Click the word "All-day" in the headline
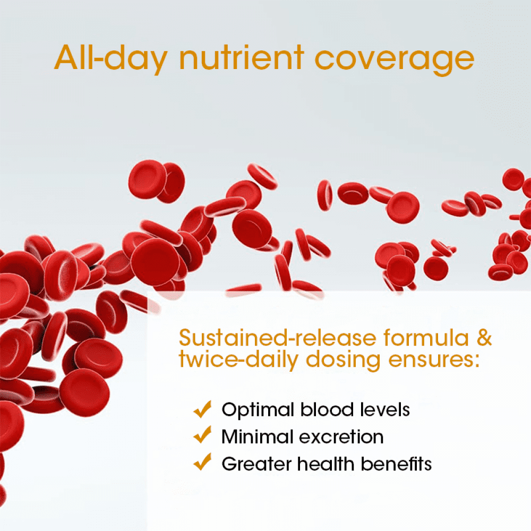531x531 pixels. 111,58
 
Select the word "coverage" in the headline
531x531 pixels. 395,61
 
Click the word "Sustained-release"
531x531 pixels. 278,338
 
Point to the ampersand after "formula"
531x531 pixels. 484,338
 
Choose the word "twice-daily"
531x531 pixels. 238,360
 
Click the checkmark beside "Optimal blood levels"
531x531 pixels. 202,409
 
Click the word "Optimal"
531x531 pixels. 258,410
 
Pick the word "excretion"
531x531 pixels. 341,437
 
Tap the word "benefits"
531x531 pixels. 396,464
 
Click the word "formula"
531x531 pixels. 426,338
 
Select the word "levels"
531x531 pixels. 385,409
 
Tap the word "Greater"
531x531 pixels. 256,464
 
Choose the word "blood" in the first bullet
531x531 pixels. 327,409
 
